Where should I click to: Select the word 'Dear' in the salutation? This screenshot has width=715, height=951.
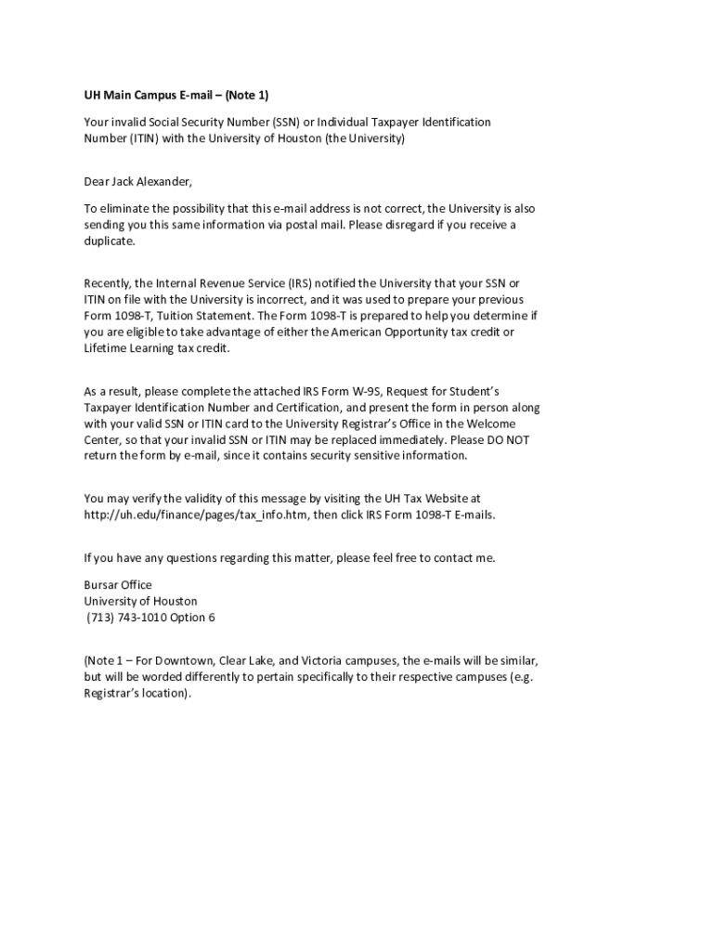click(x=97, y=181)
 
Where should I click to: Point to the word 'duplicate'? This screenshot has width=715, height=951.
click(x=109, y=241)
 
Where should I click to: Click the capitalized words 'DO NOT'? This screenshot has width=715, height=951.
click(x=508, y=439)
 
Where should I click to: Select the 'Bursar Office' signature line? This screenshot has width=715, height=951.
click(x=118, y=585)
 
